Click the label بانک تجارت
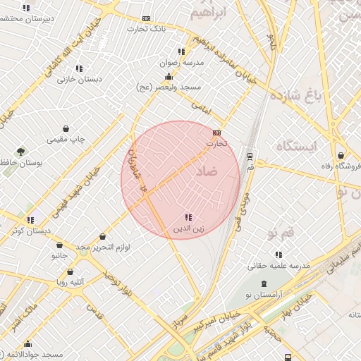146,29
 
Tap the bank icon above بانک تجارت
146,18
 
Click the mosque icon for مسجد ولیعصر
169,76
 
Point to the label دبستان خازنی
80,80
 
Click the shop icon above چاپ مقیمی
66,129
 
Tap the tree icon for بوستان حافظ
20,152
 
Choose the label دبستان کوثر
31,231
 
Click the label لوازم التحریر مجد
104,247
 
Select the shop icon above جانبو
59,245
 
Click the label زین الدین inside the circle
189,229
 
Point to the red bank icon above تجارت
216,133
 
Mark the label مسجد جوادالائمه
32,353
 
